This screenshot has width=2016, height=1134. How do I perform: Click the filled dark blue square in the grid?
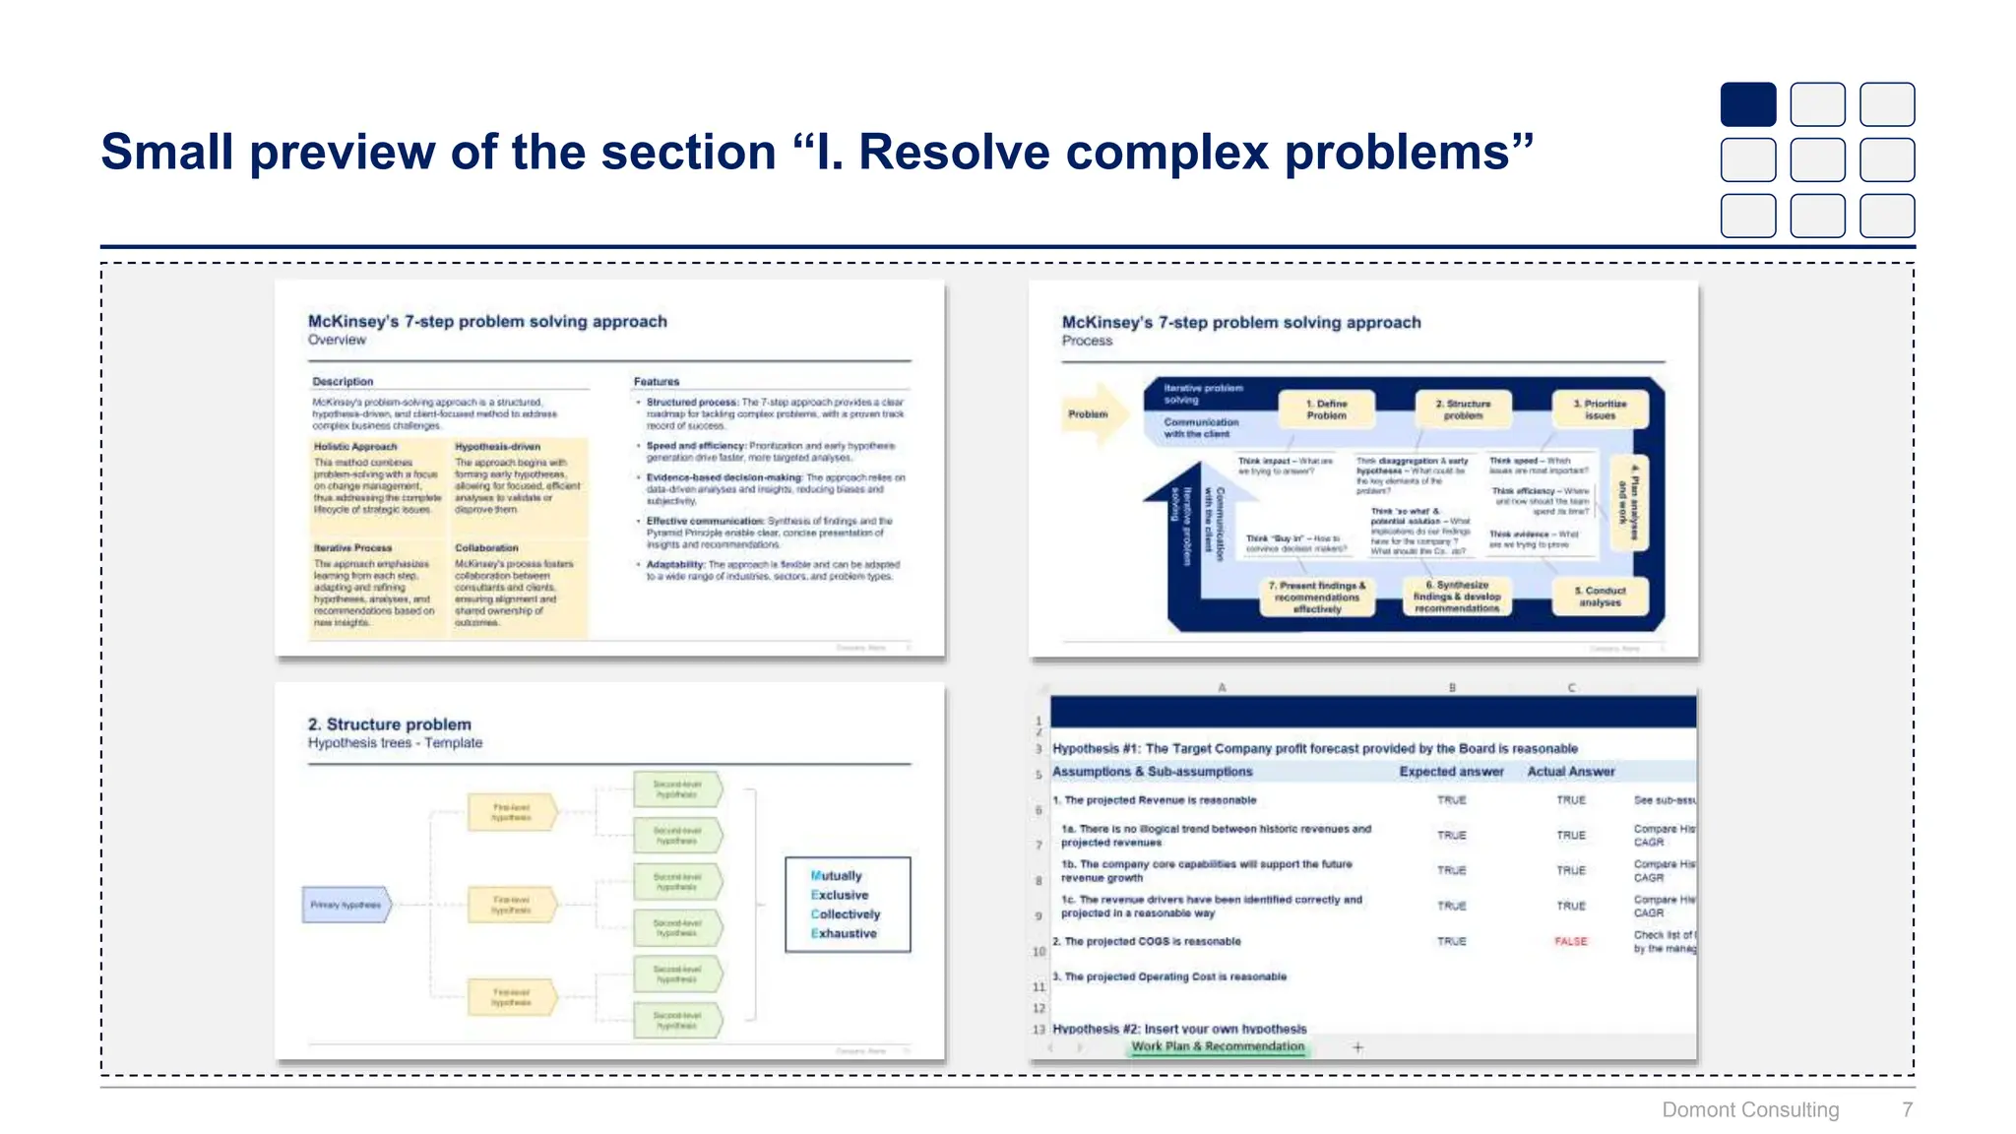click(x=1747, y=104)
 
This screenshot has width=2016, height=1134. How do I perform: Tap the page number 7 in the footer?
click(x=1907, y=1109)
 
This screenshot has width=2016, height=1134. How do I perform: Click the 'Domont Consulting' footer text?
click(x=1749, y=1109)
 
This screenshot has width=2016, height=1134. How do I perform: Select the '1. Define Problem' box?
click(x=1326, y=409)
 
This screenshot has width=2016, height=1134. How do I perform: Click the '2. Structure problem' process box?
click(x=1463, y=409)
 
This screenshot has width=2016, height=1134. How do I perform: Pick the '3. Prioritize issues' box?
click(x=1600, y=409)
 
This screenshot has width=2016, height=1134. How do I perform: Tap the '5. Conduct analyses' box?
click(x=1600, y=597)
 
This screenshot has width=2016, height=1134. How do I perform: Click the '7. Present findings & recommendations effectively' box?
click(x=1317, y=598)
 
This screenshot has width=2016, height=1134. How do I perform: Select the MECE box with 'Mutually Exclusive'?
click(x=848, y=904)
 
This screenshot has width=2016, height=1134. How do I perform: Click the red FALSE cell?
click(x=1570, y=941)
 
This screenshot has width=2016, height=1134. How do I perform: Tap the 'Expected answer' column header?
click(x=1451, y=772)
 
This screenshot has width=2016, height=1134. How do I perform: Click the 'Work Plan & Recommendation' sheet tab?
click(x=1218, y=1046)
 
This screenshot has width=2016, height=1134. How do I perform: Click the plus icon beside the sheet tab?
click(x=1357, y=1047)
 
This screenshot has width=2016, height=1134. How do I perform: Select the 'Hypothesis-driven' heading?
click(x=497, y=447)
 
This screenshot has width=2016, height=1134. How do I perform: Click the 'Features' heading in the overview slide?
click(x=657, y=381)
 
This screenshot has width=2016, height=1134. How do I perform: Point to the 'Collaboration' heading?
click(x=486, y=547)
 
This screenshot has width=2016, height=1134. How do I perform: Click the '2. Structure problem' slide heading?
click(x=389, y=724)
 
